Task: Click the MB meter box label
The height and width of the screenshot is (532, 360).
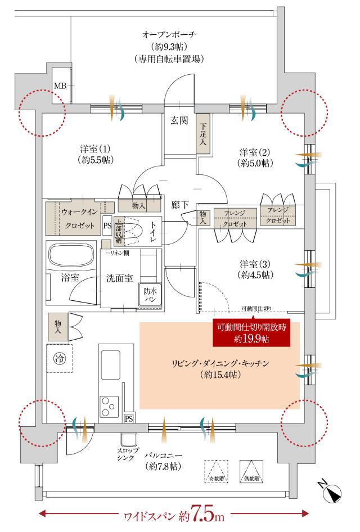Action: pyautogui.click(x=60, y=85)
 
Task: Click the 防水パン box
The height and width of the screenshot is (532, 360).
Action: pyautogui.click(x=149, y=295)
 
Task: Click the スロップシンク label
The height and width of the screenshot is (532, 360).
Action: pyautogui.click(x=125, y=454)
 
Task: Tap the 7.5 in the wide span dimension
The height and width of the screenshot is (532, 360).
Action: pyautogui.click(x=202, y=513)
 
